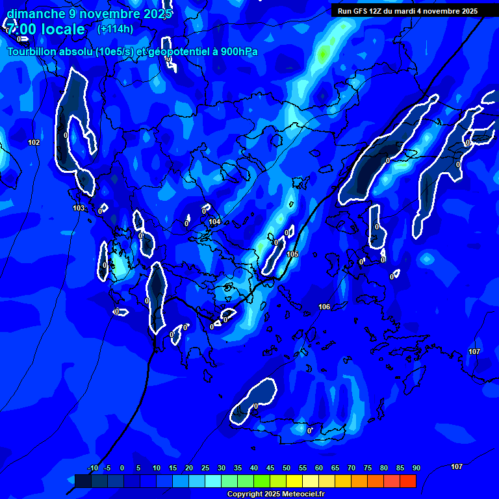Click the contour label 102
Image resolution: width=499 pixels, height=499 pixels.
click(34, 142)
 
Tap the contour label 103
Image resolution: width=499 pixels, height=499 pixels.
click(79, 209)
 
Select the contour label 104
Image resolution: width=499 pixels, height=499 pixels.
click(214, 222)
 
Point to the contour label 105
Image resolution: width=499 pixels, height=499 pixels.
click(292, 254)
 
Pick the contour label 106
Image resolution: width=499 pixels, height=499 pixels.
click(324, 307)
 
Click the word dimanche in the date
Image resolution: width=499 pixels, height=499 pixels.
click(36, 13)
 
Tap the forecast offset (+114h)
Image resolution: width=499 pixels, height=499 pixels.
click(115, 29)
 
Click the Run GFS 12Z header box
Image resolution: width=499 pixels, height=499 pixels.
click(407, 11)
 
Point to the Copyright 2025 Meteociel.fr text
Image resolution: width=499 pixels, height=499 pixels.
click(275, 494)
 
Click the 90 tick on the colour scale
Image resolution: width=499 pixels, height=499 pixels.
click(416, 468)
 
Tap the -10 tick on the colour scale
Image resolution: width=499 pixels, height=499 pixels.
click(92, 468)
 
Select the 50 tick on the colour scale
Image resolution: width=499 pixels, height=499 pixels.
click(287, 468)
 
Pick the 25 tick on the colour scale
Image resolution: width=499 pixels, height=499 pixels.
click(205, 468)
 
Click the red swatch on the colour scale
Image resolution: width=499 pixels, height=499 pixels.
click(407, 481)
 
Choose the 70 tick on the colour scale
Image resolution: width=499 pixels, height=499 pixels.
click(352, 468)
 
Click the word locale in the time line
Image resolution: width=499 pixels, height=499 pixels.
click(62, 30)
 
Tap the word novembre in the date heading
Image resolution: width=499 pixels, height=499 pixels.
click(105, 13)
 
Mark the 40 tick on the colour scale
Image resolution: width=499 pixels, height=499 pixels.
click(254, 468)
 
